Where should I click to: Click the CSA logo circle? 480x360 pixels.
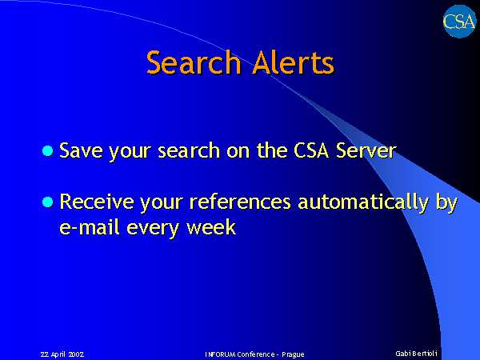coord(459,22)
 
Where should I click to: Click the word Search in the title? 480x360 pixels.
coord(194,62)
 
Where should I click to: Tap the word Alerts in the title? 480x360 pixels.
coord(293,62)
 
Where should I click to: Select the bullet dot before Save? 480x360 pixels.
coord(47,151)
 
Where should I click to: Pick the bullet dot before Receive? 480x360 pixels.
coord(47,202)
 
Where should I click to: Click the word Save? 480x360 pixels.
coord(81,150)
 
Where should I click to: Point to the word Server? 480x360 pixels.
coord(366,150)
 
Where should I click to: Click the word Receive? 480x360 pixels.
coord(97,202)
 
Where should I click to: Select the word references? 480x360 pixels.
coord(240,202)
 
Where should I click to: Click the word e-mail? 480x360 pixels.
coord(89,228)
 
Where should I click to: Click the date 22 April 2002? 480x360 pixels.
coord(62,354)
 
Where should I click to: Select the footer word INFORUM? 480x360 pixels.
coord(221,354)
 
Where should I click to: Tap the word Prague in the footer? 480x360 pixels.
coord(293,354)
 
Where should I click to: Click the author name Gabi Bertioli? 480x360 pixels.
coord(416,354)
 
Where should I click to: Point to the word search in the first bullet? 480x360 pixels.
coord(189,150)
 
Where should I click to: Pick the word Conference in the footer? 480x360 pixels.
coord(256,354)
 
